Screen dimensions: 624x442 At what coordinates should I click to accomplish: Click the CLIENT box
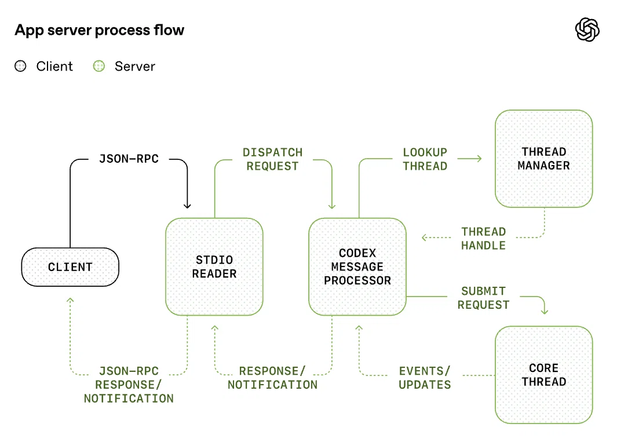[70, 267]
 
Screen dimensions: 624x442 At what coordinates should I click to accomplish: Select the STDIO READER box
[214, 266]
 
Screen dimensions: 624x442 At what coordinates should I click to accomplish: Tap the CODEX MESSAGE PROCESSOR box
[357, 266]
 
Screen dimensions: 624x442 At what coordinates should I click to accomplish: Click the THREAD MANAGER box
[543, 159]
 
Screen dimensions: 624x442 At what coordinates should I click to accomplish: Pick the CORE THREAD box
[543, 375]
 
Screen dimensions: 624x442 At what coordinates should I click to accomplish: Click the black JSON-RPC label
[129, 159]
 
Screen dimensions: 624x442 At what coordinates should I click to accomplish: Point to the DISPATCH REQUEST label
[273, 159]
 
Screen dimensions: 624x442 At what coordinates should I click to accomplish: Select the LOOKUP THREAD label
[425, 159]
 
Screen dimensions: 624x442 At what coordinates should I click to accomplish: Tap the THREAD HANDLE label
[484, 238]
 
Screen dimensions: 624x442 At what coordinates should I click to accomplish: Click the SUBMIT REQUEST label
[484, 298]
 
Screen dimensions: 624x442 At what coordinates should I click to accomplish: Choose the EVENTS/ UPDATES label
[425, 378]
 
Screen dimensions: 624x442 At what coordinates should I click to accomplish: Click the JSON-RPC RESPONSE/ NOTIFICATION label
[129, 385]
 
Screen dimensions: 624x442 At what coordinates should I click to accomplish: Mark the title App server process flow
[100, 30]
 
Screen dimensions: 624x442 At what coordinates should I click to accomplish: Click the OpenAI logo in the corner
[587, 30]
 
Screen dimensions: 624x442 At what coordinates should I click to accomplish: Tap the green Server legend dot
[98, 66]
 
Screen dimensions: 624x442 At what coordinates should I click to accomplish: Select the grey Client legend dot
[20, 66]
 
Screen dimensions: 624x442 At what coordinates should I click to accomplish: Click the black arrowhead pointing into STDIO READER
[187, 206]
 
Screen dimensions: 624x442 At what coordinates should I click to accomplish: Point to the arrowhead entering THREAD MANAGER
[480, 158]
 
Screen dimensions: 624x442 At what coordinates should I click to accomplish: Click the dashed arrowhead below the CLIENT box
[70, 300]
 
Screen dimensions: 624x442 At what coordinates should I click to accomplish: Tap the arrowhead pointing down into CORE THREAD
[545, 312]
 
